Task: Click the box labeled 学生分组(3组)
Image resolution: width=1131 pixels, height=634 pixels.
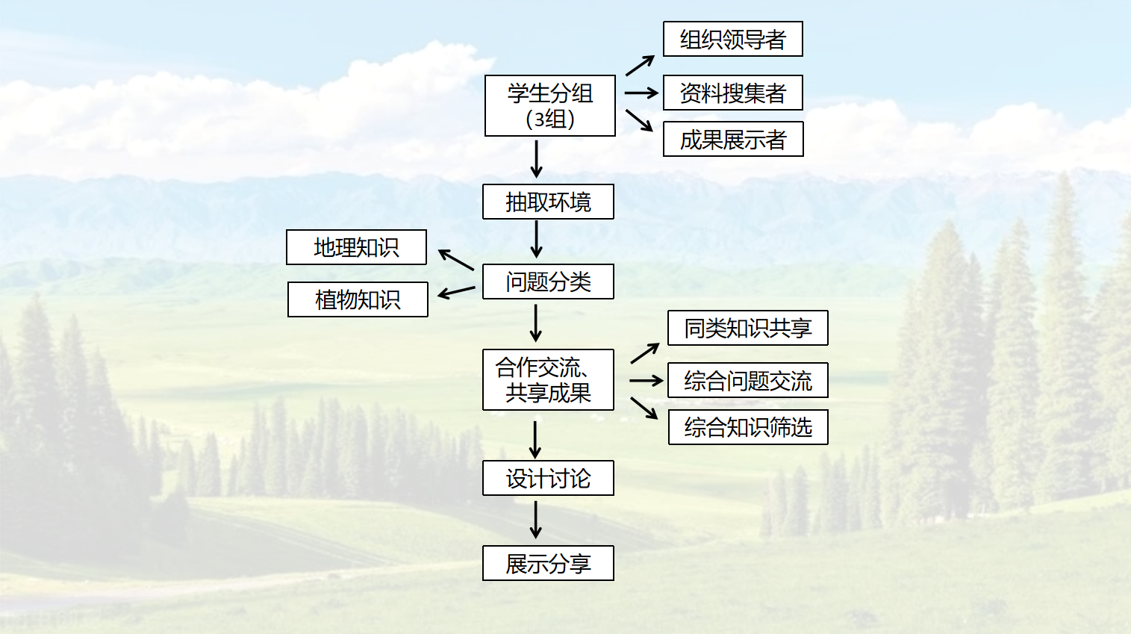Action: point(549,105)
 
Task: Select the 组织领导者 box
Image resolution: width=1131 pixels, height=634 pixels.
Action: point(732,39)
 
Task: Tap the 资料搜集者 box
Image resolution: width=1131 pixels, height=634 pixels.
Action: point(732,93)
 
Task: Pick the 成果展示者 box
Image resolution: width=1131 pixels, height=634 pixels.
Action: point(732,139)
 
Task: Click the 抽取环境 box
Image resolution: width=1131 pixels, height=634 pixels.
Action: point(548,202)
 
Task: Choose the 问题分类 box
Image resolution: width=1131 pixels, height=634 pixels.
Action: point(548,282)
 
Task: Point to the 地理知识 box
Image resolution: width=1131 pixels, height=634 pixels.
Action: point(356,247)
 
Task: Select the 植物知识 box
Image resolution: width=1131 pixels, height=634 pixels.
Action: point(358,299)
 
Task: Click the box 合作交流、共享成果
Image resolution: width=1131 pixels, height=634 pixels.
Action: point(548,379)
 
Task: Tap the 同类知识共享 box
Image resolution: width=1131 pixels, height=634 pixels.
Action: point(747,328)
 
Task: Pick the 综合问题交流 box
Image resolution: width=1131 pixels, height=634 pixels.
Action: point(747,381)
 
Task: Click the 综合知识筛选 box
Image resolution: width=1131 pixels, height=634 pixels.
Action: point(747,427)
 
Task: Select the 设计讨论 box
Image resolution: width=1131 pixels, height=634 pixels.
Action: point(548,478)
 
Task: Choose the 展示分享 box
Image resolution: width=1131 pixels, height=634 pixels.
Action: point(548,563)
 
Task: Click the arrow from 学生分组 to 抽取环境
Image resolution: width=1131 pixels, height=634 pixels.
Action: point(536,159)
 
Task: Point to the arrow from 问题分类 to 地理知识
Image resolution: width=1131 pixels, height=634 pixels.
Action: point(456,259)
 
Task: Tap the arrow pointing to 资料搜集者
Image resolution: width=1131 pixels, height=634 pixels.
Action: point(641,93)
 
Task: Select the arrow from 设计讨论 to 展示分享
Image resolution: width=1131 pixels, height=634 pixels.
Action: point(535,519)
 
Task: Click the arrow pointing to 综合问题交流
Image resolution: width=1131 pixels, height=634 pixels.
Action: point(646,381)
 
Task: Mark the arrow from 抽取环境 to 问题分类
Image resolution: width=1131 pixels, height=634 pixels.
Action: point(536,240)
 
